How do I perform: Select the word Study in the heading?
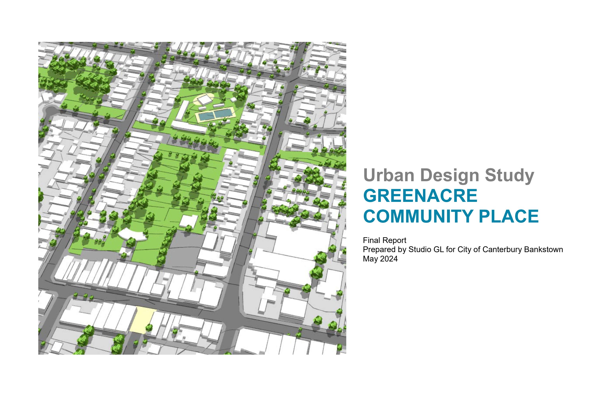tap(509, 176)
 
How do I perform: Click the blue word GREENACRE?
tap(420, 196)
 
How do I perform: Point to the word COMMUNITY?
tap(419, 216)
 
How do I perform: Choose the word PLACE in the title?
tap(509, 216)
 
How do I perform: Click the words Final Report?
tap(384, 240)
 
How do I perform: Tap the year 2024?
tap(389, 259)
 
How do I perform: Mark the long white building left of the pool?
tap(184, 110)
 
